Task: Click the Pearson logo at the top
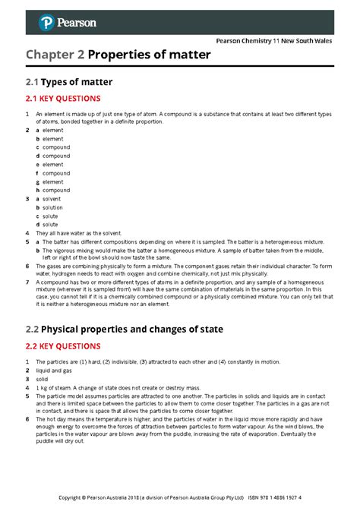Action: point(68,23)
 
